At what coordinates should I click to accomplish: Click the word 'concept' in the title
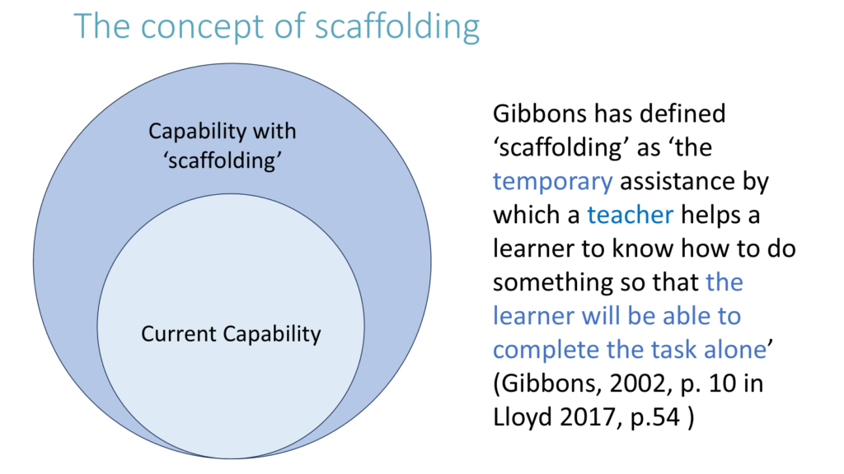tap(194, 27)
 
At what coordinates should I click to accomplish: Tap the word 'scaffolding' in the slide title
tap(397, 27)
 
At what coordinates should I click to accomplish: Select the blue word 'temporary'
tap(552, 182)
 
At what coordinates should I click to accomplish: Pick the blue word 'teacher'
tap(630, 215)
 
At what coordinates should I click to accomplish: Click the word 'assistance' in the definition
tap(678, 181)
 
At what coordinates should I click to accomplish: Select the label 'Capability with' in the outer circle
tap(223, 132)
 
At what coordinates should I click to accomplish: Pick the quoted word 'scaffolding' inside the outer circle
tap(223, 160)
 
